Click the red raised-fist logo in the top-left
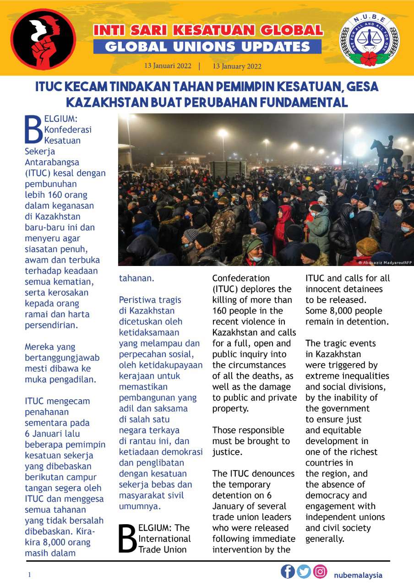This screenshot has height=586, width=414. coord(44,39)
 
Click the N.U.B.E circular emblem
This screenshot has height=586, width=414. coord(369,40)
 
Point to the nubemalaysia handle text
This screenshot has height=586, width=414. coord(358,575)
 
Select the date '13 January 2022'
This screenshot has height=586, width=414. coord(237,66)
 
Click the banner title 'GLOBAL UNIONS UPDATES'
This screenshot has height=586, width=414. coord(207,46)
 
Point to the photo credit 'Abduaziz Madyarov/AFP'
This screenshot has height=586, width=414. coord(387,263)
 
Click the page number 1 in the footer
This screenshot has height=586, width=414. coord(29,575)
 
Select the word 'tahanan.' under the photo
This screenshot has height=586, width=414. coord(136,278)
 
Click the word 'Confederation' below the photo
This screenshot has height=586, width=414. coord(241,278)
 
